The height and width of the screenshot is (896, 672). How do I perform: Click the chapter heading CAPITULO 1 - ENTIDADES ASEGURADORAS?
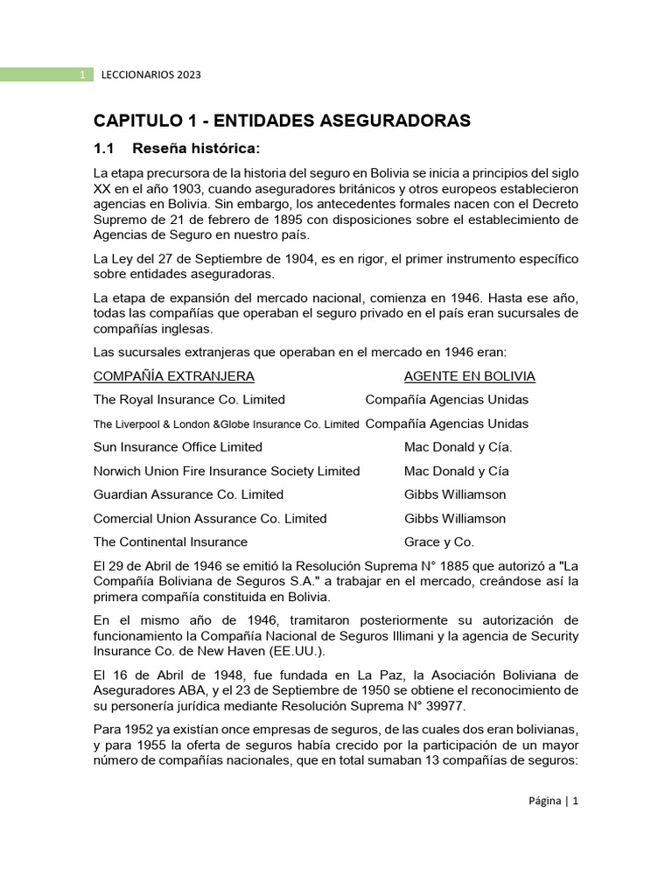coord(282,120)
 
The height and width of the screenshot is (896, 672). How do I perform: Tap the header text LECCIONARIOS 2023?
coord(150,74)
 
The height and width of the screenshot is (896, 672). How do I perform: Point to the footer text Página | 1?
coord(553,801)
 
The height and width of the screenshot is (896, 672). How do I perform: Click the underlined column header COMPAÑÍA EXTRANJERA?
coord(174,376)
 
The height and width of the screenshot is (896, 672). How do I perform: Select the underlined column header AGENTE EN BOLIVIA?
coord(470,376)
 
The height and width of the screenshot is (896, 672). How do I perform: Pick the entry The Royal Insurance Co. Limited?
coord(189,400)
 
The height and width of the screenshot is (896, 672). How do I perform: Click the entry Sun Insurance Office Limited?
coord(178,447)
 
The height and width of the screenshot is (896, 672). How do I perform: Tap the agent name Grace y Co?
coord(439,542)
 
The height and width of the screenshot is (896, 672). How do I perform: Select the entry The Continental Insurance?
coord(171,542)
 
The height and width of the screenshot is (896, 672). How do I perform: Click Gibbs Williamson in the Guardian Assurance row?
coord(455,494)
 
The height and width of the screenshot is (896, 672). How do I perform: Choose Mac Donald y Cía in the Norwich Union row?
coord(457,471)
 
